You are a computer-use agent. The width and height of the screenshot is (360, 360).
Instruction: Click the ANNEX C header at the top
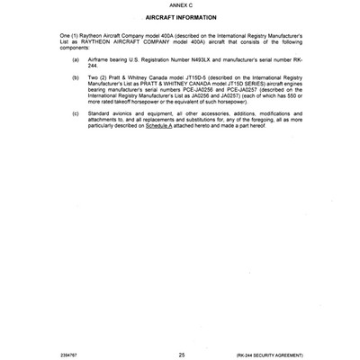180,6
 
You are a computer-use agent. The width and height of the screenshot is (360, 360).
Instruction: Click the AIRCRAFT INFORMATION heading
179,18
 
